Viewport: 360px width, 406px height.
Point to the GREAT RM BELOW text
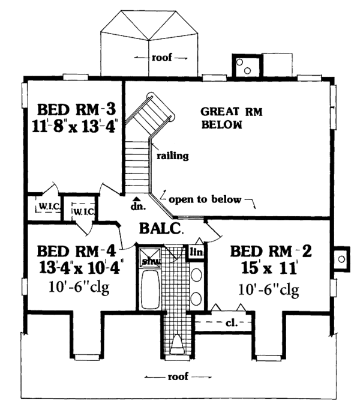click(x=231, y=118)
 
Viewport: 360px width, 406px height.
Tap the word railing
click(x=173, y=156)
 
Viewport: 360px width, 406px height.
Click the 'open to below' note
click(x=205, y=199)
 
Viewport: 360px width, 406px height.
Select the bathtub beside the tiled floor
click(x=150, y=289)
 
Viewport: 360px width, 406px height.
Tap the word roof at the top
click(x=161, y=58)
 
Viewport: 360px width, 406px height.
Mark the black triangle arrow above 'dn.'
click(x=137, y=199)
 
